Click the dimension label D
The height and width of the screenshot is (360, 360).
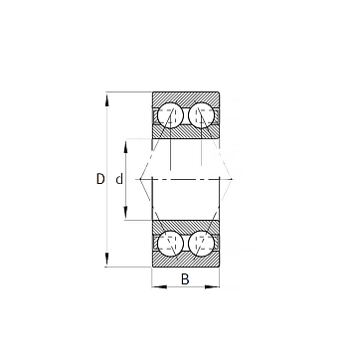click(100, 179)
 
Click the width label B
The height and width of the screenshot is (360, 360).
click(185, 279)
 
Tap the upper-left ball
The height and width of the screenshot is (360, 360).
click(170, 115)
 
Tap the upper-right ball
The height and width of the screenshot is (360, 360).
click(201, 115)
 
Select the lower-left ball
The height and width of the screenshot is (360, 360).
click(170, 244)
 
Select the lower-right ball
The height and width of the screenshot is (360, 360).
click(201, 244)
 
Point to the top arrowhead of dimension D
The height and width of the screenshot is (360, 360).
click(106, 99)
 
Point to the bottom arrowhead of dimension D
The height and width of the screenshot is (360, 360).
click(106, 260)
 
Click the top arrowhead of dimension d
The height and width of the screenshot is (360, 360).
click(125, 147)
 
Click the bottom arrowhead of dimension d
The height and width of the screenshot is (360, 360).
click(125, 212)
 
